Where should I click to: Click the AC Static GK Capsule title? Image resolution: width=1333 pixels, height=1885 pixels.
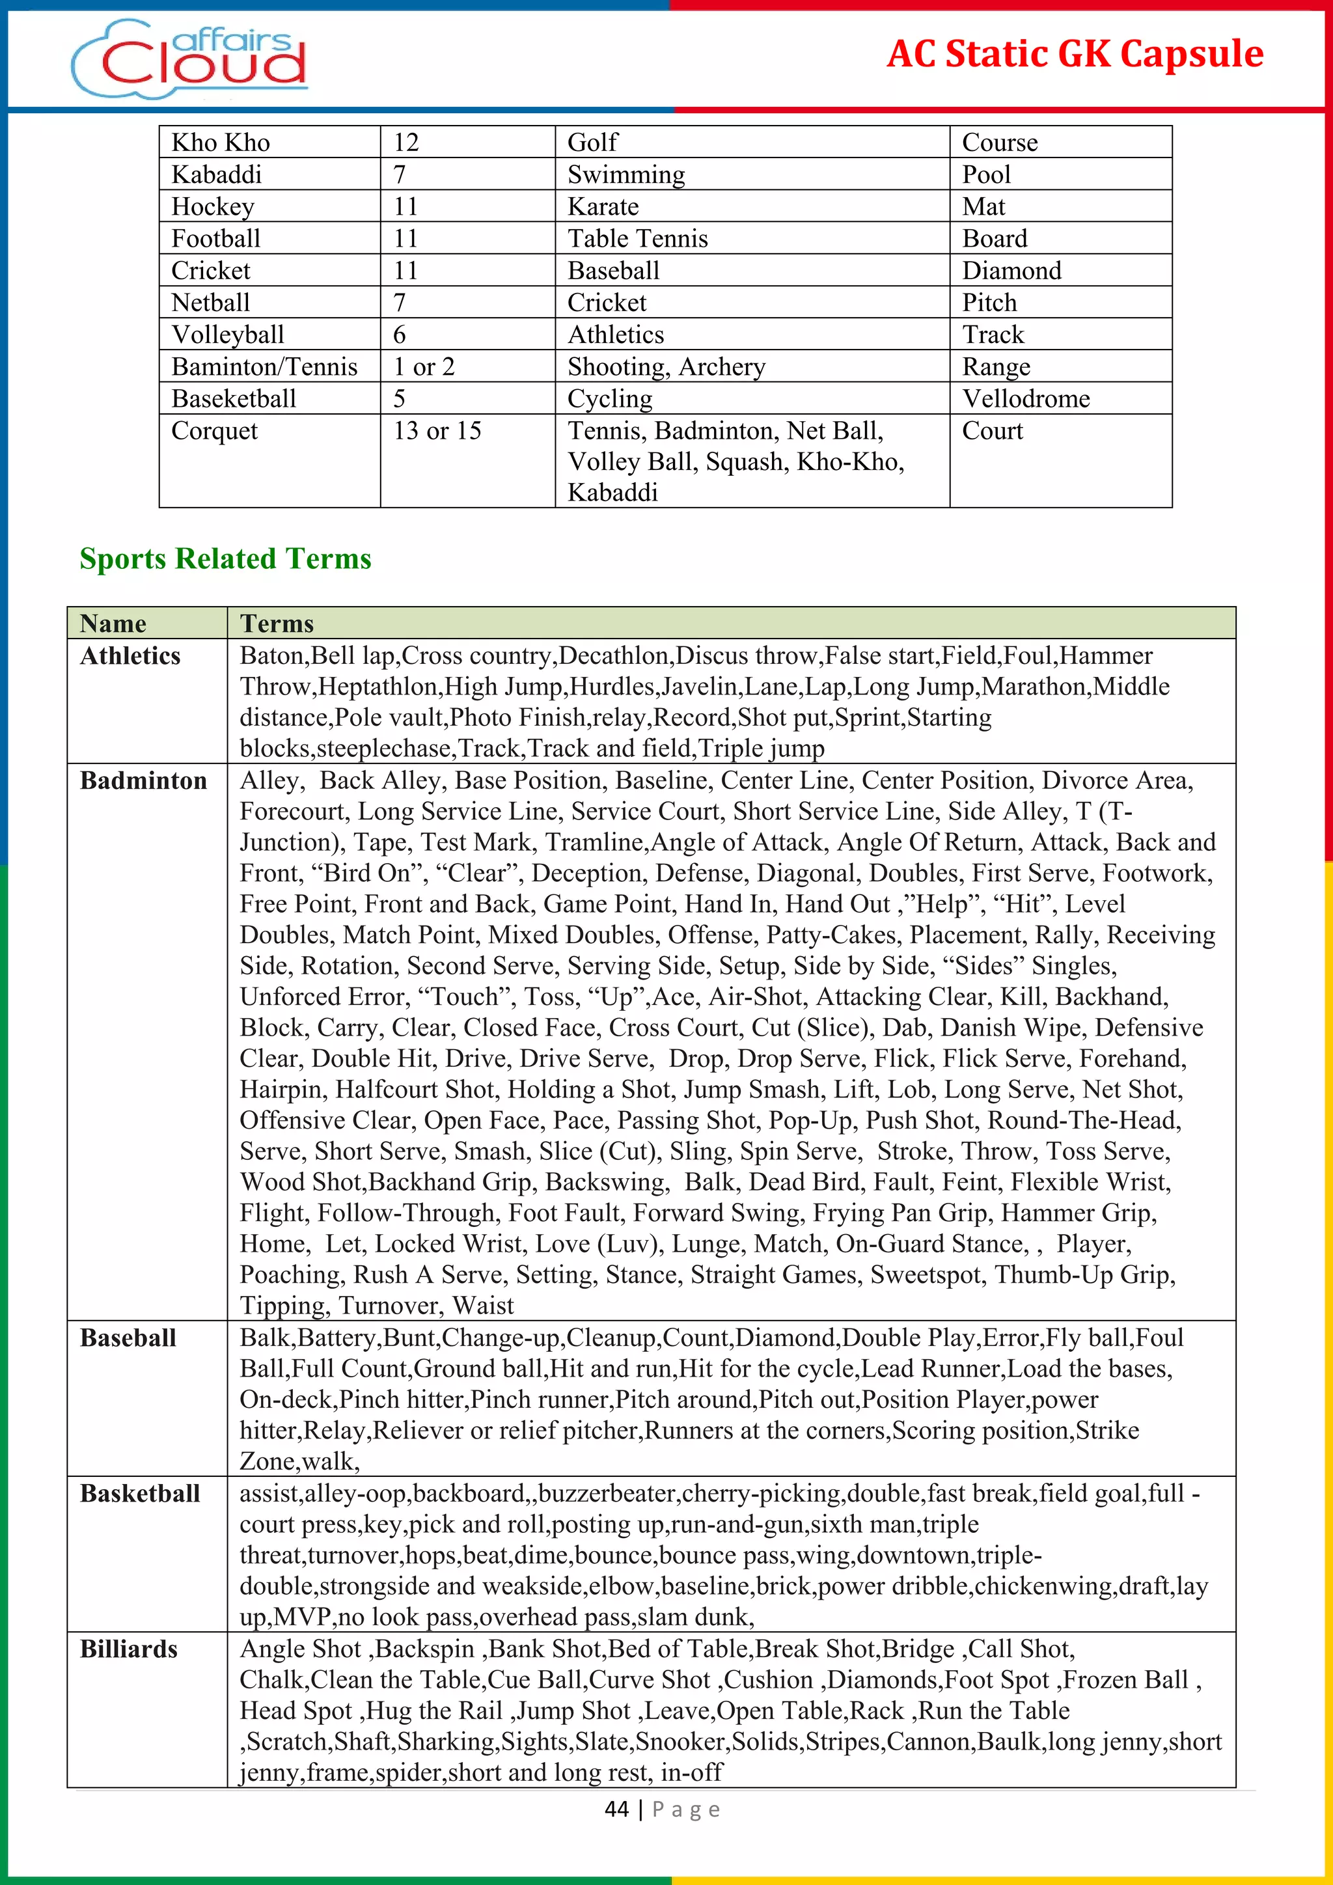1075,54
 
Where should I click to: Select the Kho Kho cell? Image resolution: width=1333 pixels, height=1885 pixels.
221,142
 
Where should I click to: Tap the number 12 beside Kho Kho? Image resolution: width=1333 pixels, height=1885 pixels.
405,142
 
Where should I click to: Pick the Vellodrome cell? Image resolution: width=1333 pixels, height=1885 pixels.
1026,398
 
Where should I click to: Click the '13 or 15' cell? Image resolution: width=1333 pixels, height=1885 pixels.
437,430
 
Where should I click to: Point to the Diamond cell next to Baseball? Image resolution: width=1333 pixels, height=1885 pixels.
1011,270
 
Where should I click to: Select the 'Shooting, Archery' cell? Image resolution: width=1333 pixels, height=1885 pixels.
666,366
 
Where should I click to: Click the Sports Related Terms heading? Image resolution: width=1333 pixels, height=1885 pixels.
225,558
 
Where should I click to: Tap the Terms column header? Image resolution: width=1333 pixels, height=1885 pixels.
277,623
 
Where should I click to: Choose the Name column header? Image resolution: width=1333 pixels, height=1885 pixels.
113,623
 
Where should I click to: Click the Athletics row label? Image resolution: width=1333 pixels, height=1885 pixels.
130,655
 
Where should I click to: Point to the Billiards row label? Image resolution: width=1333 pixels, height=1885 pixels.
128,1649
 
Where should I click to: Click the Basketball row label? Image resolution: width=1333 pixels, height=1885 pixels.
139,1493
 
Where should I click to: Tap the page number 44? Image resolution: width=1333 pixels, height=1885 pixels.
616,1809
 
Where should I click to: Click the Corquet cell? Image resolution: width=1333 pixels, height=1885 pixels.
214,430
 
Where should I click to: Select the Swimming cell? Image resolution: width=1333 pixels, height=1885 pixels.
625,174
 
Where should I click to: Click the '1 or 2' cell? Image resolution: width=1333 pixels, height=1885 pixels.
424,366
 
